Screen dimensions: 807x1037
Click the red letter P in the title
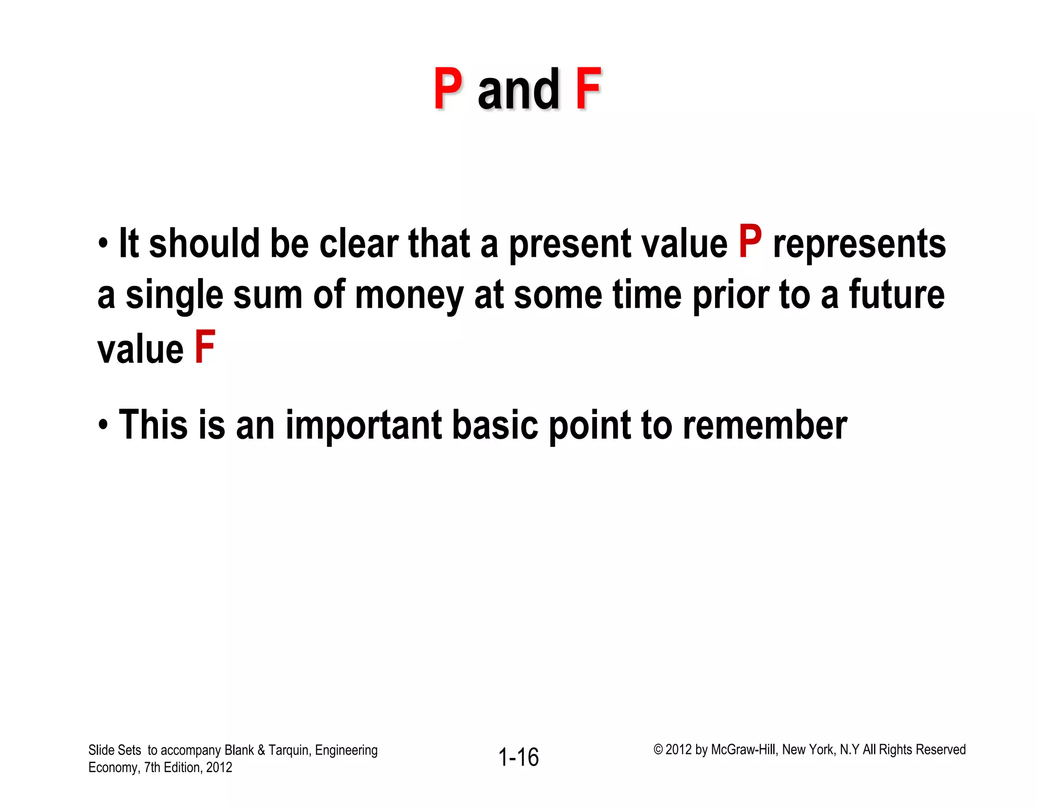tap(448, 89)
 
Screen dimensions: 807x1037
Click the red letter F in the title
tap(587, 89)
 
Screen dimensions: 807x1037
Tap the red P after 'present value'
tap(750, 242)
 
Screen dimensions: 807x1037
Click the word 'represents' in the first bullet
tap(859, 244)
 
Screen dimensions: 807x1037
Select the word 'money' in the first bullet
tap(409, 296)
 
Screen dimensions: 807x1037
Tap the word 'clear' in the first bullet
tap(358, 244)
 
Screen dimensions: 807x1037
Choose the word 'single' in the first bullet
tap(174, 296)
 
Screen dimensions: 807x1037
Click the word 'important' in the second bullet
tap(364, 426)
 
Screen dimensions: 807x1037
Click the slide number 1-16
tap(518, 757)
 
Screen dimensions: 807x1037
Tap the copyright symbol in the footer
tap(658, 750)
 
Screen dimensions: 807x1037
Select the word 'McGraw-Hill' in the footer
tap(743, 750)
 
